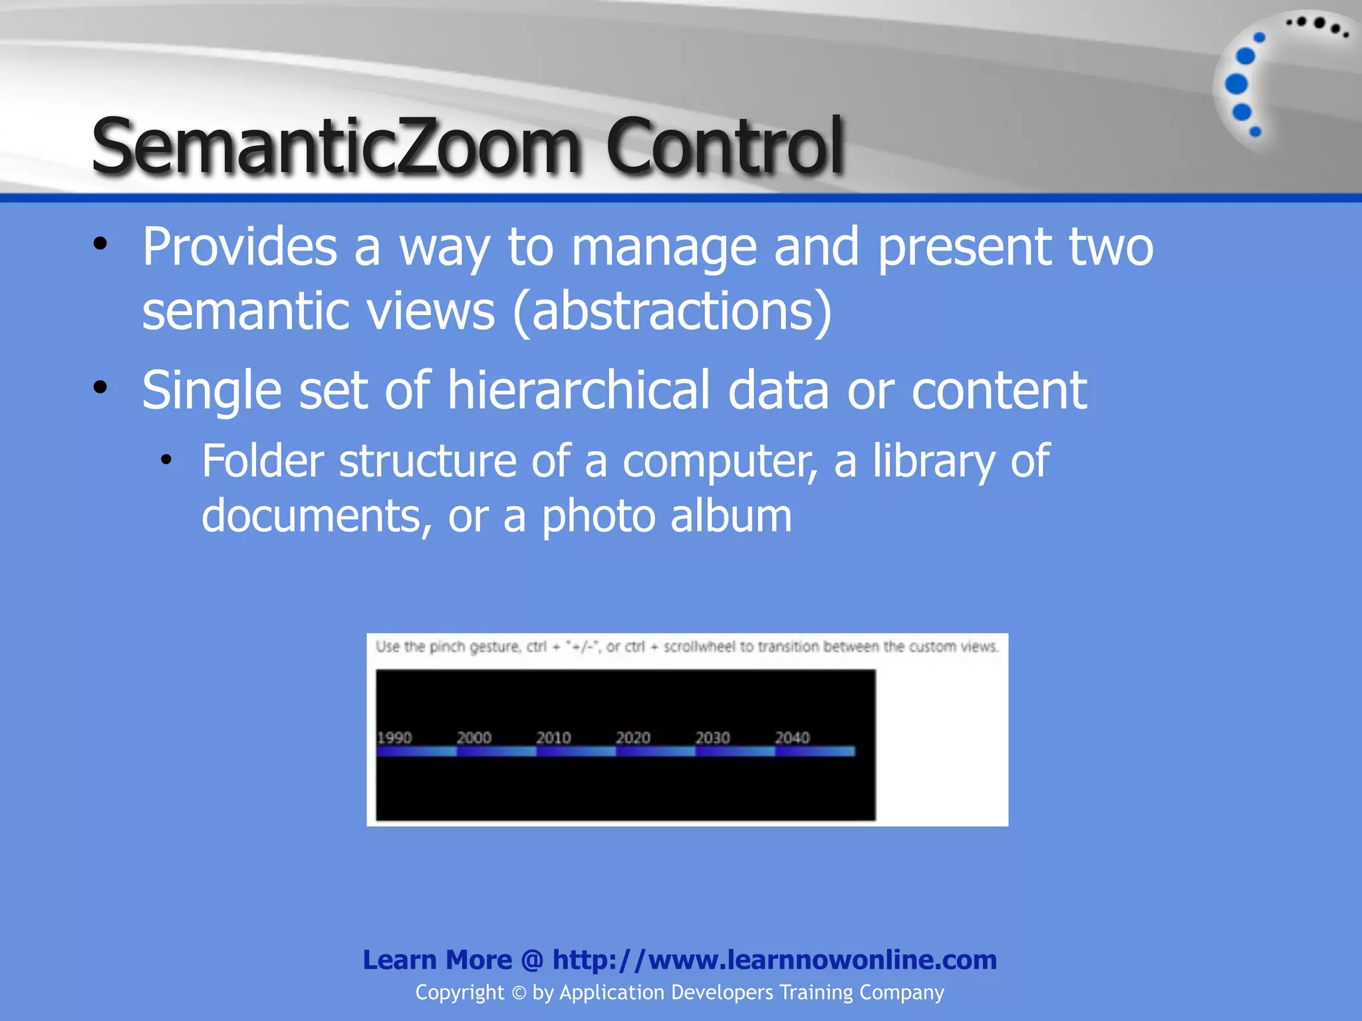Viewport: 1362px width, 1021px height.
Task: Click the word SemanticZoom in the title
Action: (x=336, y=146)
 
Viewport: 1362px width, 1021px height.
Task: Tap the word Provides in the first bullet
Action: (x=240, y=247)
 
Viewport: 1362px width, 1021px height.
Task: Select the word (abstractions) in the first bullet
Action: (x=672, y=310)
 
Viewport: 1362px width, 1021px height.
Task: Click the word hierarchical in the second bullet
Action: (x=579, y=390)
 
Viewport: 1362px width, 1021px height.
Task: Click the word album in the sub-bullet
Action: (x=731, y=516)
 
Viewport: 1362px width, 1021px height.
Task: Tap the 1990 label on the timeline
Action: (x=394, y=738)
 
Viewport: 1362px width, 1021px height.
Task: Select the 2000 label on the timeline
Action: (x=474, y=738)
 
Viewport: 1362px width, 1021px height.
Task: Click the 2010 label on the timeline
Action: (x=553, y=738)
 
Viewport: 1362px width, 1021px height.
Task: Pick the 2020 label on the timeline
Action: (x=632, y=738)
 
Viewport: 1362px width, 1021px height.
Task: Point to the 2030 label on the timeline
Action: (x=712, y=738)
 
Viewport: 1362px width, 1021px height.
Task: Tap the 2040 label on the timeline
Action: (x=792, y=738)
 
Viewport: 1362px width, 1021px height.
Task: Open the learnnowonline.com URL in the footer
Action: (x=774, y=960)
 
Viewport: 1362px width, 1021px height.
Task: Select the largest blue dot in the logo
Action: (x=1236, y=84)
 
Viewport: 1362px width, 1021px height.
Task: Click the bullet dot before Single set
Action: (x=100, y=388)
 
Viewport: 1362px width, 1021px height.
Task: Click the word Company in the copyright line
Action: (x=901, y=992)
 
